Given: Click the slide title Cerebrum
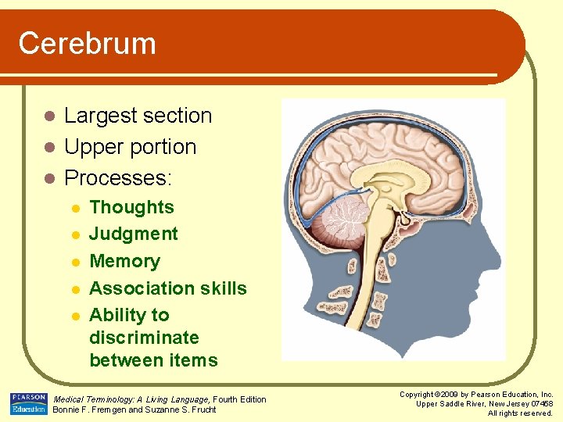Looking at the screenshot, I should (87, 43).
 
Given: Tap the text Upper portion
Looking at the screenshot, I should (130, 147).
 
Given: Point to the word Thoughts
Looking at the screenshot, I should (131, 207).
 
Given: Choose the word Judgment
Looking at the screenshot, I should (134, 234).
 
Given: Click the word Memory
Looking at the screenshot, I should (124, 261).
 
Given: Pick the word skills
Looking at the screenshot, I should (223, 288).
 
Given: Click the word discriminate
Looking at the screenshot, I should (144, 338).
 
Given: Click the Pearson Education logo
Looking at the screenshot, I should (29, 404).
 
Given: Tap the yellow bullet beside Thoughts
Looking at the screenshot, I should (74, 208).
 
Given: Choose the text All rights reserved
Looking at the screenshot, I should (520, 413).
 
